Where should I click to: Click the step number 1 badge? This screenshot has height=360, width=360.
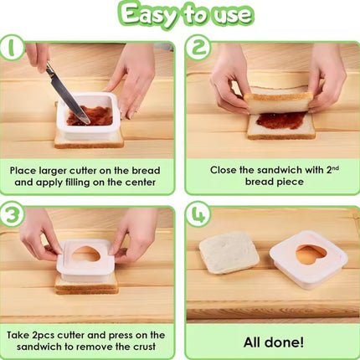tap(11, 47)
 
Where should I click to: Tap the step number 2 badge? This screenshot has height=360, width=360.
tap(198, 48)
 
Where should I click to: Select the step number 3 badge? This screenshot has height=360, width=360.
tap(12, 214)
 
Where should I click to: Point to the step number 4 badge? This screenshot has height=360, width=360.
tap(199, 214)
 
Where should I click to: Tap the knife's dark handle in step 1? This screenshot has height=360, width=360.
tap(50, 69)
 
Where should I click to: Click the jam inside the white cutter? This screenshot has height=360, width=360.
tap(90, 116)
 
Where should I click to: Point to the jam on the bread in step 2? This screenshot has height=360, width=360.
tap(280, 120)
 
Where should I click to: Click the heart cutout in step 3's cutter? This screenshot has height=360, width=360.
tap(87, 254)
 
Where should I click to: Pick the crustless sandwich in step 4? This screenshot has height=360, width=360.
tap(229, 252)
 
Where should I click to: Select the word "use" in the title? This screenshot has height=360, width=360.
tap(232, 15)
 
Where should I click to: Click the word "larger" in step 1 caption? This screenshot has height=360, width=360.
tap(53, 171)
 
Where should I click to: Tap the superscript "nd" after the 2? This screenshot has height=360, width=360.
tap(336, 167)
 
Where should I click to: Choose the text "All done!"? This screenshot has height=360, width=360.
tap(274, 342)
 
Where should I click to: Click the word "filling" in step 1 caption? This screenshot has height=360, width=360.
tap(82, 183)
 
